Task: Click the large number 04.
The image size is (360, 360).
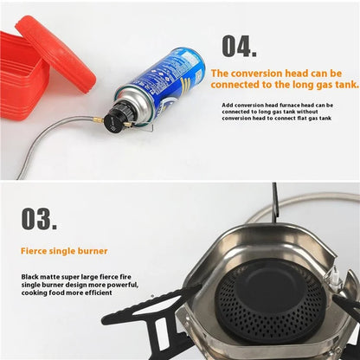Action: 239,45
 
